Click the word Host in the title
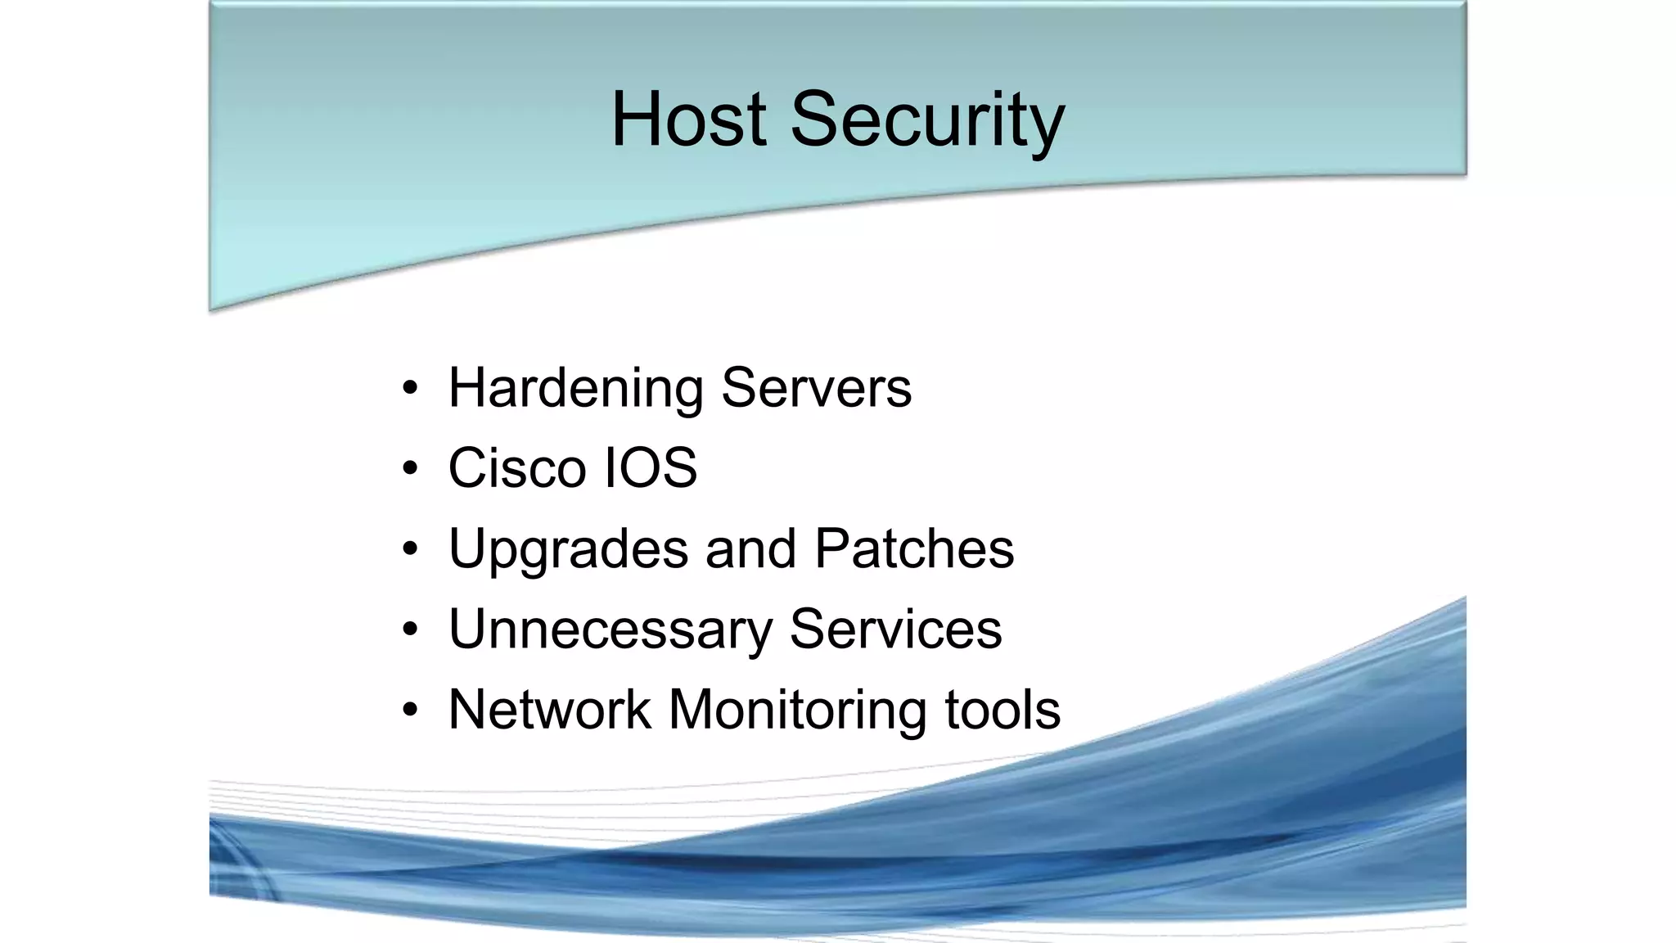coord(688,120)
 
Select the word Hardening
coord(575,388)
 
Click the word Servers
coord(816,388)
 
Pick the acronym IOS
coord(651,468)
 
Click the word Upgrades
coord(568,548)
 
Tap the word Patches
coord(914,548)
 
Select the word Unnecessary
coord(610,629)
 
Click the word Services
coord(895,629)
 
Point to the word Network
coord(549,709)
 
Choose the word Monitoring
coord(798,709)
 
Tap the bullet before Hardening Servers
coord(410,388)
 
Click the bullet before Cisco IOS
coord(410,468)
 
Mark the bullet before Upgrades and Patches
coord(410,548)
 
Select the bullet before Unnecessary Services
coord(410,629)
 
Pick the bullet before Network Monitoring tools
coord(410,709)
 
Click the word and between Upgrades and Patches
coord(750,548)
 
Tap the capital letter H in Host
coord(638,120)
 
